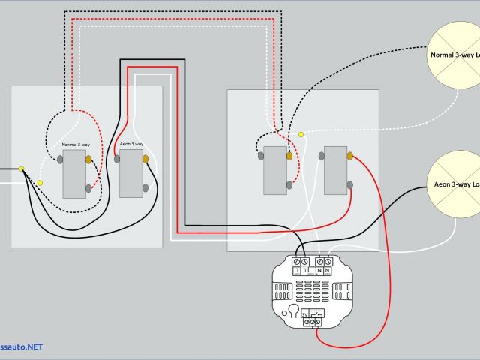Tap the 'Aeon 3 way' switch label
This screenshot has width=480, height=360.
pyautogui.click(x=131, y=143)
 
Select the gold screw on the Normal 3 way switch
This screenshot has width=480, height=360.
pyautogui.click(x=88, y=159)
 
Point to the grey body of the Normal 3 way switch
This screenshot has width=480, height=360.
pyautogui.click(x=74, y=174)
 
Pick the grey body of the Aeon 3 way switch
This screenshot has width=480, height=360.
pyautogui.click(x=131, y=173)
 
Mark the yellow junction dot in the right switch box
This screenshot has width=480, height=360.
pyautogui.click(x=301, y=134)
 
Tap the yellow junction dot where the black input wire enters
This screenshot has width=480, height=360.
pyautogui.click(x=22, y=169)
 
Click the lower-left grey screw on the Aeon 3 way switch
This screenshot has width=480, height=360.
pyautogui.click(x=118, y=159)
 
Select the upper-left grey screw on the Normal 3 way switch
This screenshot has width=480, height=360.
pyautogui.click(x=59, y=159)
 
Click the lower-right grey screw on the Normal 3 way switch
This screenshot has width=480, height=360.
pyautogui.click(x=88, y=188)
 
